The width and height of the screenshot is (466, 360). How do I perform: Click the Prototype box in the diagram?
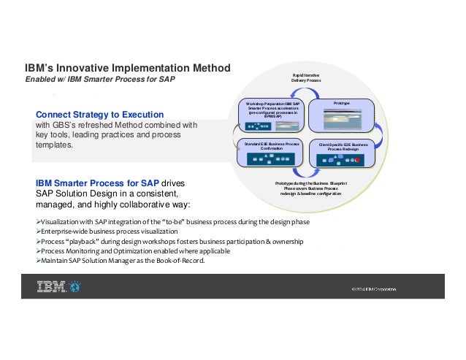(342, 116)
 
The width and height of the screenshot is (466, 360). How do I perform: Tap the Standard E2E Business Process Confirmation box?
(272, 153)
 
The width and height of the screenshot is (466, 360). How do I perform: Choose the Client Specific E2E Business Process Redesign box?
(343, 153)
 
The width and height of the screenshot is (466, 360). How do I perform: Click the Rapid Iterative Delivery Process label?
(306, 79)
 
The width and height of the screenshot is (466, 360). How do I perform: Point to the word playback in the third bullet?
(84, 241)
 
